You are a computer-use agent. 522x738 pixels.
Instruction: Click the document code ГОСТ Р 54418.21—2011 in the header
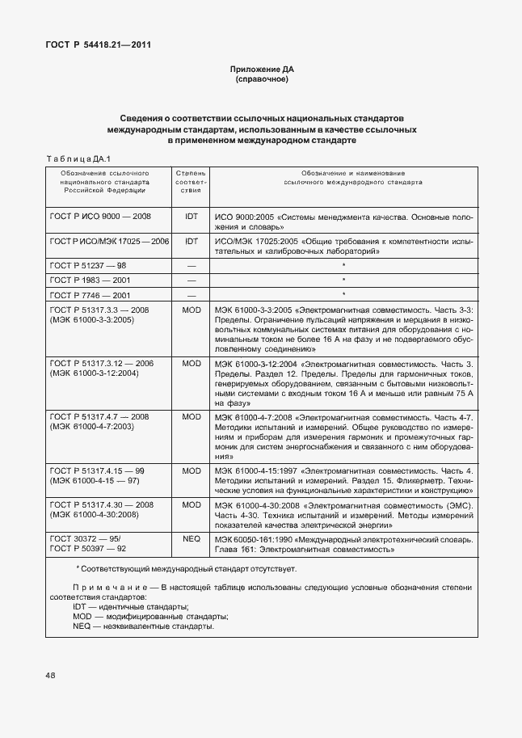[x=98, y=44]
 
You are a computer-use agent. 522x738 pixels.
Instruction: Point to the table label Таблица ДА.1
[x=78, y=158]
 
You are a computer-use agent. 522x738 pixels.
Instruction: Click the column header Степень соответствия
[x=192, y=182]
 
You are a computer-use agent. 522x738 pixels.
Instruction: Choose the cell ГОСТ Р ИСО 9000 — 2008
[x=100, y=217]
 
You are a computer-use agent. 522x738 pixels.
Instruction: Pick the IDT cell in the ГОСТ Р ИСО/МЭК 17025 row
[x=192, y=242]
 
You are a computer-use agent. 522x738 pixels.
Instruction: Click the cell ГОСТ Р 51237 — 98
[x=88, y=265]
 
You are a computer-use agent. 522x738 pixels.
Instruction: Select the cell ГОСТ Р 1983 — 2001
[x=91, y=280]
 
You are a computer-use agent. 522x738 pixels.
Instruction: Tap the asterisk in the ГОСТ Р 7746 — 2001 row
[x=344, y=294]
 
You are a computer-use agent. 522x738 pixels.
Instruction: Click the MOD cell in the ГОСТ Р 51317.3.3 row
[x=192, y=310]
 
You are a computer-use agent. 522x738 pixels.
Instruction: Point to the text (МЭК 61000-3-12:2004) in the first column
[x=95, y=373]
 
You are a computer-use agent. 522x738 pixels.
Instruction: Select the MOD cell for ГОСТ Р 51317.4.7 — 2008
[x=192, y=416]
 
